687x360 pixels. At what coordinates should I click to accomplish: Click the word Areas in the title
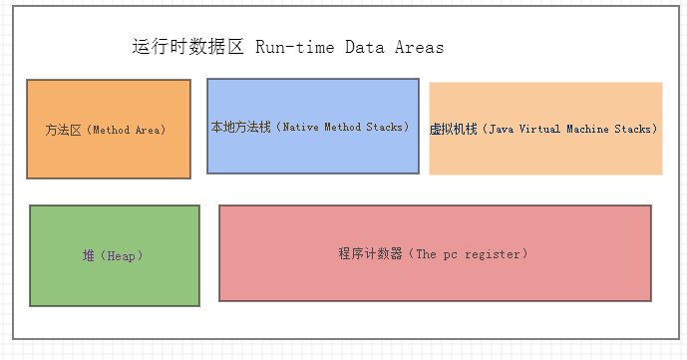[x=419, y=47]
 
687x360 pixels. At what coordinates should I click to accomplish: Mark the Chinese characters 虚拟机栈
[x=453, y=130]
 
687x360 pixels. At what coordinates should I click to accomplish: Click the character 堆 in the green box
[x=88, y=256]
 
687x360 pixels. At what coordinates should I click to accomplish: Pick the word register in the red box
[x=490, y=254]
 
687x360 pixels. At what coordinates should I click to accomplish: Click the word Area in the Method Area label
[x=146, y=130]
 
